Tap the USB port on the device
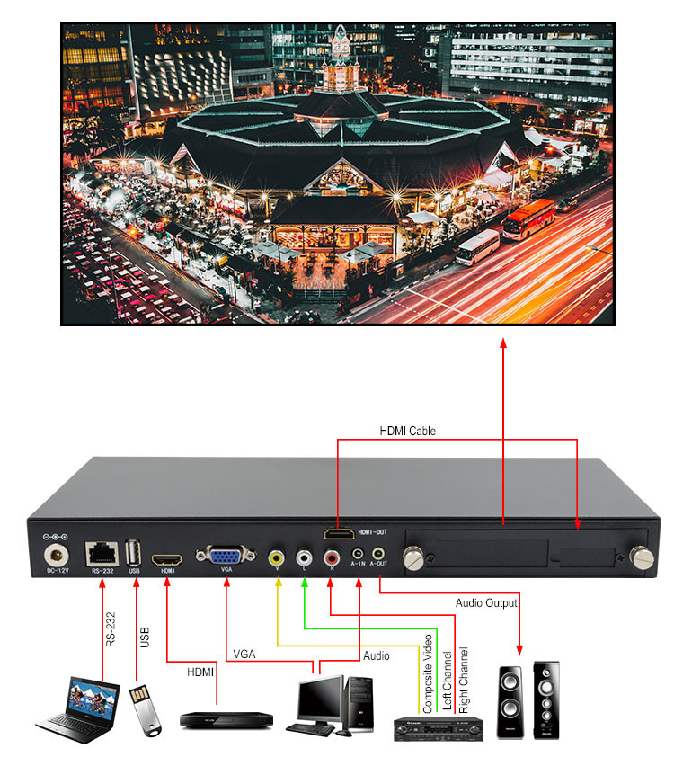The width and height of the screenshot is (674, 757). point(135,551)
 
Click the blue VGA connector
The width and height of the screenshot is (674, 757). point(224,556)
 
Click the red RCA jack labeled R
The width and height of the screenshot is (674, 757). point(332,557)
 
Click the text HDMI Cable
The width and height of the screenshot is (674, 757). point(407,432)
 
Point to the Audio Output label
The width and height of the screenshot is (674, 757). point(486,603)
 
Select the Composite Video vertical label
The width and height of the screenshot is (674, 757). point(428,674)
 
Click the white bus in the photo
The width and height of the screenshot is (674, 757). point(477,246)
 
